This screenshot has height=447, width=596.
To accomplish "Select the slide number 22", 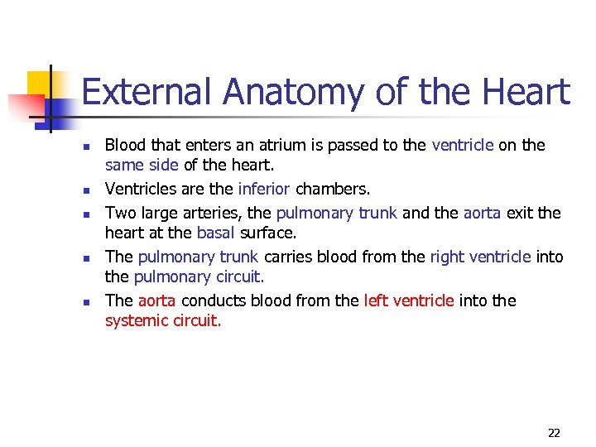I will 554,433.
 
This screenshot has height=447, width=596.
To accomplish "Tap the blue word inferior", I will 264,190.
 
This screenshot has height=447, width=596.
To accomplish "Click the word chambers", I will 326,190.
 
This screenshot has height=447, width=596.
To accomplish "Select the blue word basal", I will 215,233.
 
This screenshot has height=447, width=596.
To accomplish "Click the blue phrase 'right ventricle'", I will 480,257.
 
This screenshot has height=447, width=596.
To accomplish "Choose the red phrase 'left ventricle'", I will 409,301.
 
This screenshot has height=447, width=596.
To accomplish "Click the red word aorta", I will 157,301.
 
